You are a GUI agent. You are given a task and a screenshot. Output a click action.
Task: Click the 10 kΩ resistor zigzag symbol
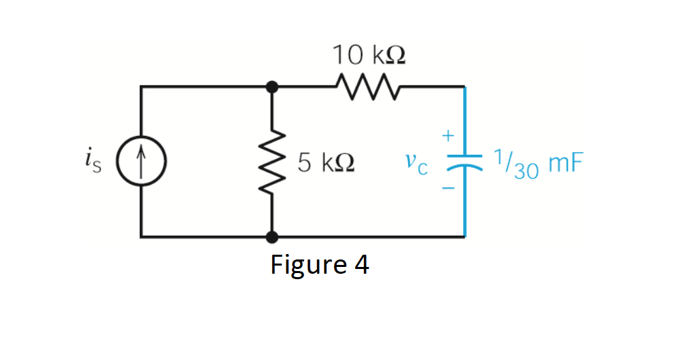click(x=367, y=87)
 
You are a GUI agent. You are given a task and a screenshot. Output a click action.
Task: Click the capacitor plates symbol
click(x=464, y=162)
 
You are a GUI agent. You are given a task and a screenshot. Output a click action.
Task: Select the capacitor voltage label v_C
click(x=415, y=163)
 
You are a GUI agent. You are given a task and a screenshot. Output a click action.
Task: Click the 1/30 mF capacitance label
click(x=536, y=164)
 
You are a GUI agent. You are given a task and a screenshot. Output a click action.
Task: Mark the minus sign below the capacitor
click(x=447, y=190)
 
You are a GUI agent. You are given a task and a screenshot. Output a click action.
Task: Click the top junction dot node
click(x=272, y=87)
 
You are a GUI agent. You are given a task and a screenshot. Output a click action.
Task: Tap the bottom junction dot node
click(x=272, y=237)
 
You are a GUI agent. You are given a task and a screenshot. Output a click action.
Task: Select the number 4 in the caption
click(x=361, y=264)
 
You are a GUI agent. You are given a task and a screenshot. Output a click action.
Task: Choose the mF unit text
click(x=563, y=164)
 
